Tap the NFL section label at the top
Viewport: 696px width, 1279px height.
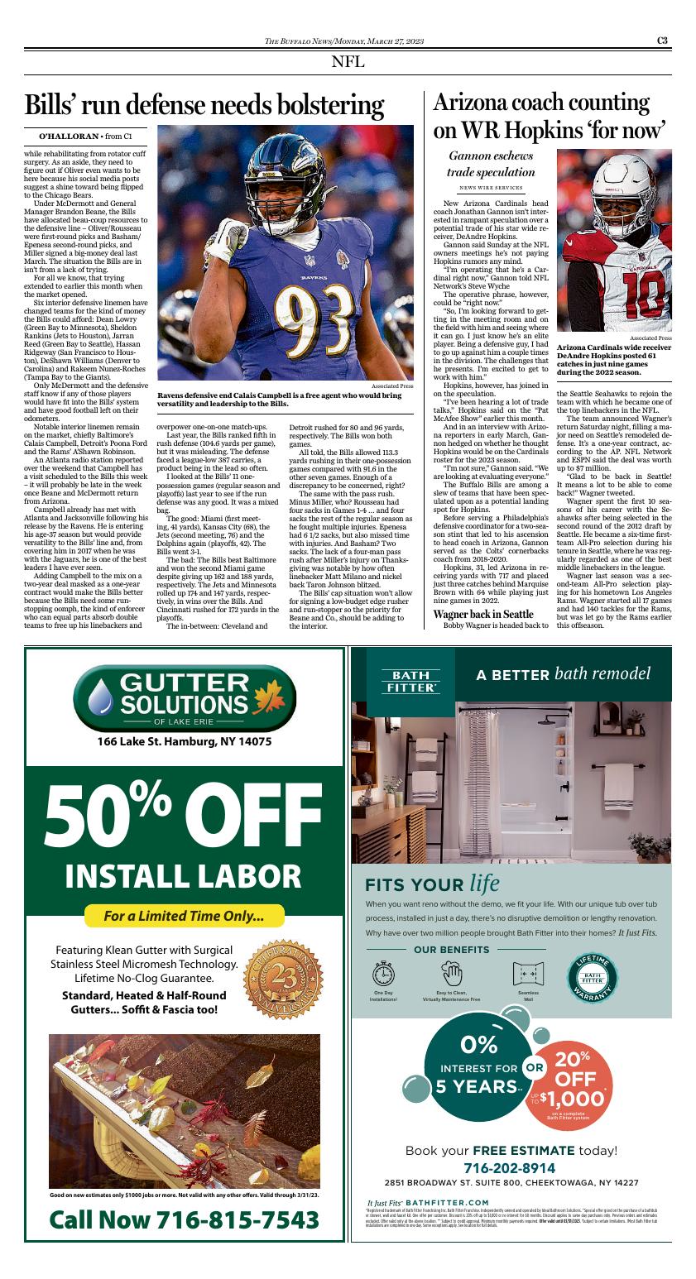[348, 62]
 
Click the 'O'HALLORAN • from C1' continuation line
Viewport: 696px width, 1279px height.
[86, 134]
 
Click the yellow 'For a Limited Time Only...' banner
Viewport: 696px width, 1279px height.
[184, 916]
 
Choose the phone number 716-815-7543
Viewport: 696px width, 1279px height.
[185, 1219]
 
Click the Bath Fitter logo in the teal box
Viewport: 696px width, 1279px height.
[403, 681]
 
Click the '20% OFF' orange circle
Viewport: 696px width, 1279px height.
[577, 1080]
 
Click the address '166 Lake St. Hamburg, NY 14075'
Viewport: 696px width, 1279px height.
[184, 741]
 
